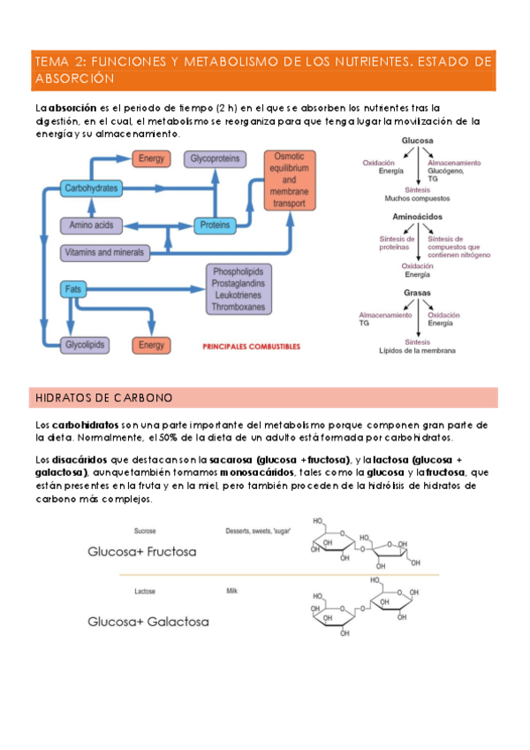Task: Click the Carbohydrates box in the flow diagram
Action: pos(91,188)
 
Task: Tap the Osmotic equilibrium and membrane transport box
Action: pos(290,180)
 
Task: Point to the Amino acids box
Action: pos(91,226)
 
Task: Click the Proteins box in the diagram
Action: pos(214,226)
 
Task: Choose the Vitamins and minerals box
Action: pos(104,253)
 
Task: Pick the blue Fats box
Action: pos(73,288)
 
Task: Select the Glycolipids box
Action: pos(86,345)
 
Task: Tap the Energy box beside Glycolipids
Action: pos(151,345)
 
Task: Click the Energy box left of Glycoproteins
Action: pos(151,158)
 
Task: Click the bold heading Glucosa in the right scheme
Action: pos(417,141)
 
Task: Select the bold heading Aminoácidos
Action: pos(417,216)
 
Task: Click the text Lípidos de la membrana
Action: pos(417,351)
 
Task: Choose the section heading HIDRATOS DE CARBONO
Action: pos(103,397)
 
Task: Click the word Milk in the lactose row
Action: pos(232,590)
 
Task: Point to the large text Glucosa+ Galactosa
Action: pos(148,621)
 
